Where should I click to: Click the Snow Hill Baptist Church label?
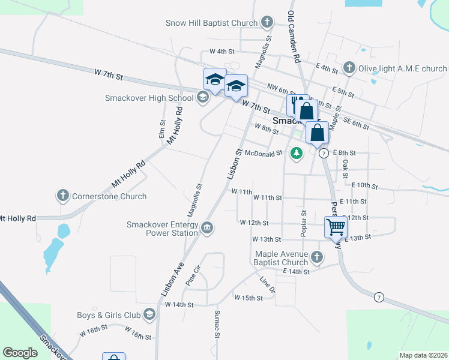click(x=211, y=23)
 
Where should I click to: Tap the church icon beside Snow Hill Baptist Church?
click(x=268, y=23)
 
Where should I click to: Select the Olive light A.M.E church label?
click(x=402, y=68)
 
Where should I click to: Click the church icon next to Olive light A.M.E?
click(x=349, y=68)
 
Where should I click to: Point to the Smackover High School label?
click(x=149, y=98)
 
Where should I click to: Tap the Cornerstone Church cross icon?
click(x=62, y=196)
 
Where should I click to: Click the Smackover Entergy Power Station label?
click(x=162, y=229)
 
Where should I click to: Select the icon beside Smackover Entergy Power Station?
click(x=207, y=227)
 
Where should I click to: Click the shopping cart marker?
click(x=336, y=227)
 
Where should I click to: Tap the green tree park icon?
click(x=296, y=154)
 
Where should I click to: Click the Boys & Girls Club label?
click(x=108, y=315)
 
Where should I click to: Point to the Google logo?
click(x=20, y=353)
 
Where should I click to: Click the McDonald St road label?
click(x=263, y=154)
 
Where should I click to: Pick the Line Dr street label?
click(x=267, y=285)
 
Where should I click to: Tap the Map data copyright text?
click(x=423, y=355)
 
